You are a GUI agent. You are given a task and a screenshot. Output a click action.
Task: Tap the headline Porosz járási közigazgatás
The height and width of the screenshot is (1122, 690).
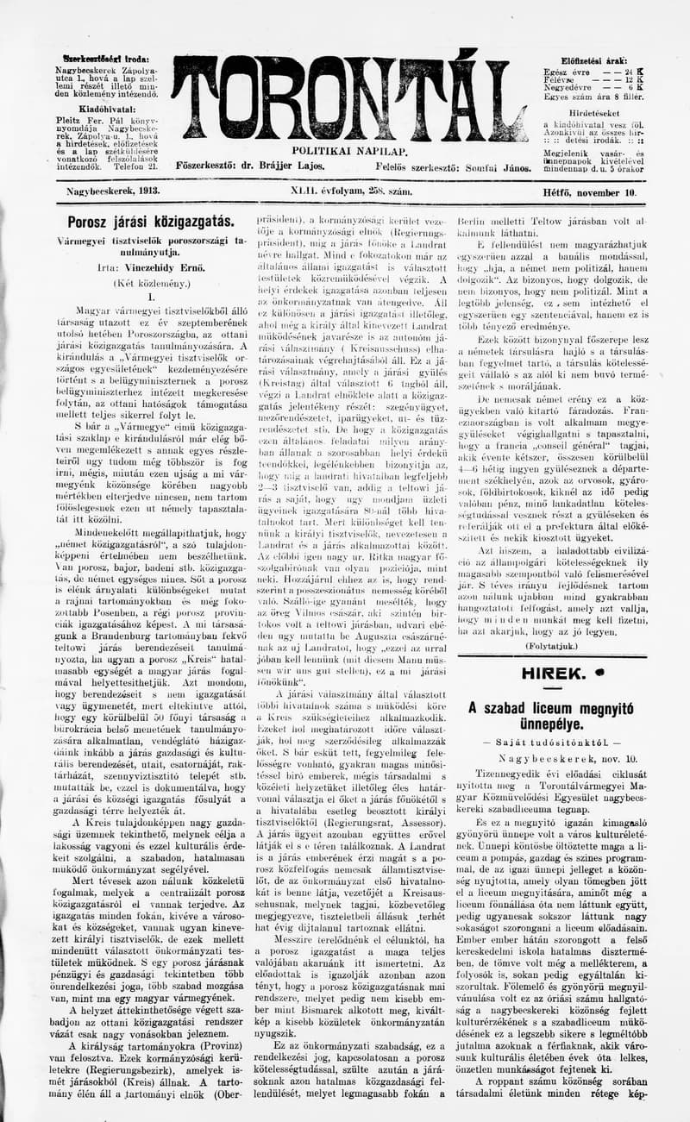point(138,223)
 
